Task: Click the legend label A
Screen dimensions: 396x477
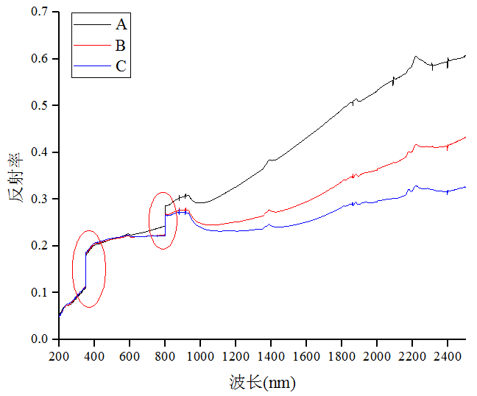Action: [x=121, y=24]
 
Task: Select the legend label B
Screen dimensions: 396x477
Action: [x=121, y=46]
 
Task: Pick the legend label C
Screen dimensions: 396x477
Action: [x=121, y=66]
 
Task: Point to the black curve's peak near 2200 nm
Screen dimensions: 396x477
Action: [x=416, y=56]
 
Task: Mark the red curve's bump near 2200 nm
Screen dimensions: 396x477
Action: [x=417, y=145]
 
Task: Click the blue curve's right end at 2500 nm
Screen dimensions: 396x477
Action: [x=464, y=187]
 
